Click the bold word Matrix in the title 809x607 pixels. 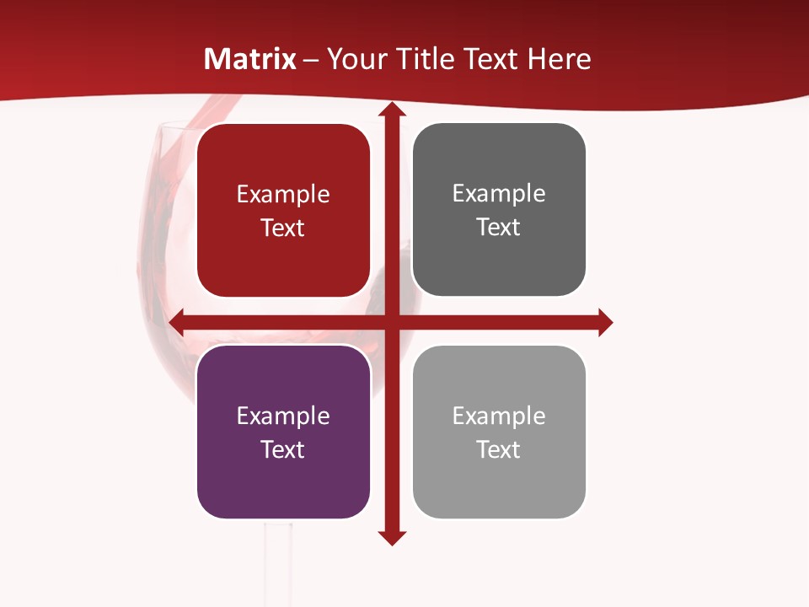click(x=249, y=59)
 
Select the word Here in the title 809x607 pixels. click(x=559, y=59)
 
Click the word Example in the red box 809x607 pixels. click(x=283, y=195)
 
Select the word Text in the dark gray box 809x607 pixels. click(x=499, y=228)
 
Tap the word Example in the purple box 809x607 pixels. click(x=283, y=416)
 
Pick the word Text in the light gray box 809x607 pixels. click(x=499, y=449)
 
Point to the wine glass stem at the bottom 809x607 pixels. click(x=279, y=565)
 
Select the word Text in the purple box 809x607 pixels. click(x=283, y=449)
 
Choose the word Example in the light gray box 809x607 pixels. click(x=499, y=416)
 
